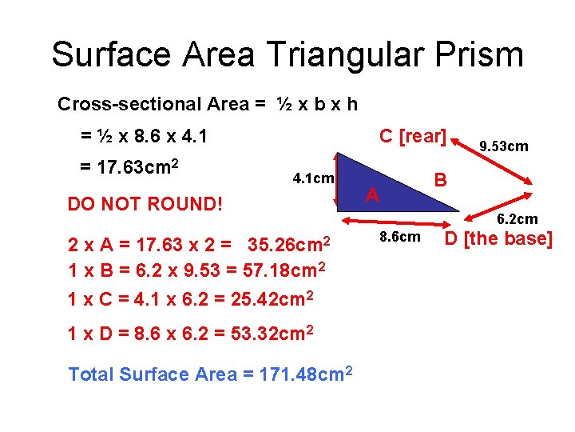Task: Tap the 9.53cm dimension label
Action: click(x=503, y=146)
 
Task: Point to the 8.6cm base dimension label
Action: click(x=399, y=237)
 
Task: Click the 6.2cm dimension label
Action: click(x=517, y=218)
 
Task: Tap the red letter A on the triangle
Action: click(x=372, y=194)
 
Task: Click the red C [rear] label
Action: click(x=412, y=136)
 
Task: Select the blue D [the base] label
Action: click(x=498, y=238)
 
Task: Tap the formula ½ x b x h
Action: click(x=317, y=104)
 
